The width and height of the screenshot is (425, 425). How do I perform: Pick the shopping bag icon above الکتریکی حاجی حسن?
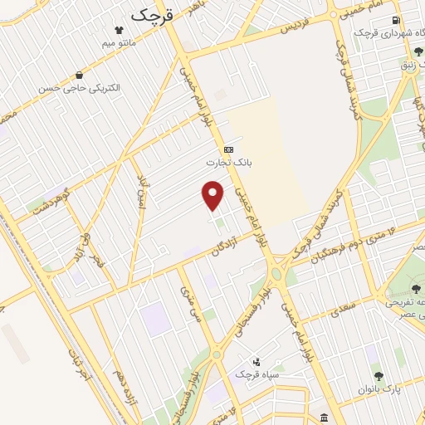coord(79,75)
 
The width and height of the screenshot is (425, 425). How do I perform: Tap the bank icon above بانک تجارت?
coord(228,149)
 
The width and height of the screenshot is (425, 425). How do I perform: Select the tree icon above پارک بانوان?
coord(379,376)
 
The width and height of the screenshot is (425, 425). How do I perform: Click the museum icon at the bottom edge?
coord(322,417)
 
